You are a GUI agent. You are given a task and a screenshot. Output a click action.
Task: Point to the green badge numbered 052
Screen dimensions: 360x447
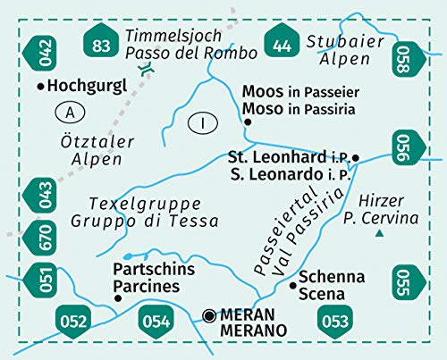click(x=74, y=319)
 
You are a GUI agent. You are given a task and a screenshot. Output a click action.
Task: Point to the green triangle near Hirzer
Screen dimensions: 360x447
click(x=380, y=234)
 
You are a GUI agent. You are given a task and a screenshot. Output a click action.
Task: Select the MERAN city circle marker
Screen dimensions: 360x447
click(x=209, y=314)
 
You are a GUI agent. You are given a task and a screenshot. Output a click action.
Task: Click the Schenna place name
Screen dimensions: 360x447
click(x=332, y=277)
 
